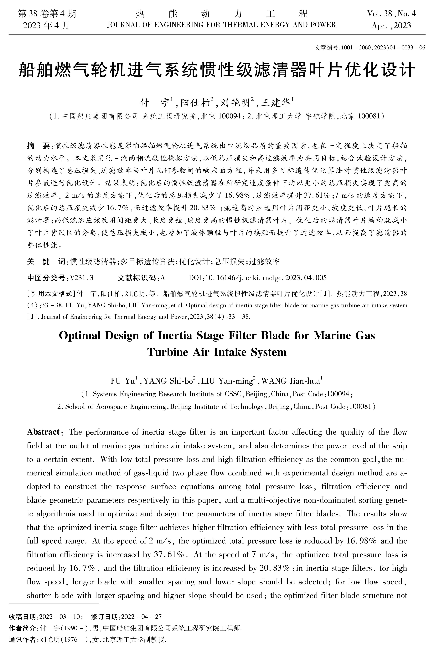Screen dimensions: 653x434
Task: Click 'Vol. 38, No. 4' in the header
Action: click(x=391, y=14)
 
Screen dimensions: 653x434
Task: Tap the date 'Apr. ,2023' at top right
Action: click(x=391, y=26)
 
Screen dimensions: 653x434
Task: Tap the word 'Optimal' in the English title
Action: click(x=80, y=336)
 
